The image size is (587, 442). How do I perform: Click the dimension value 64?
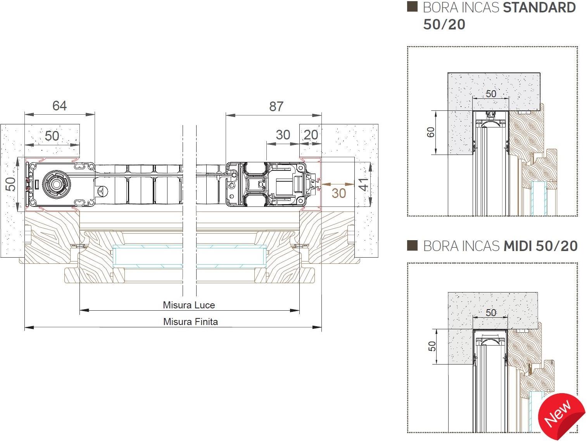[59, 106]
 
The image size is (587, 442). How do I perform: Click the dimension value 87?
[276, 107]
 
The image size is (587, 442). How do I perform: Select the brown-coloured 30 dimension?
[338, 193]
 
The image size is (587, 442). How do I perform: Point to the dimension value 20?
[311, 135]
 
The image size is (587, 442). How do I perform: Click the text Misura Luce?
[189, 305]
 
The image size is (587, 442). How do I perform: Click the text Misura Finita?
[190, 322]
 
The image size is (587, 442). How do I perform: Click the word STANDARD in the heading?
[539, 8]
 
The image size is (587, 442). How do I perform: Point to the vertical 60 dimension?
[431, 132]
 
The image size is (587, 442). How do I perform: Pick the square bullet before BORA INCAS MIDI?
[413, 246]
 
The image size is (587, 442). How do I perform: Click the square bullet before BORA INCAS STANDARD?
[413, 7]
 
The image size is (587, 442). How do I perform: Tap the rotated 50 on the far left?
[12, 184]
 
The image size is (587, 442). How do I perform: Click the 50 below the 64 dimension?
[52, 136]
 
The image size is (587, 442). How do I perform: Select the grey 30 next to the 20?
[283, 135]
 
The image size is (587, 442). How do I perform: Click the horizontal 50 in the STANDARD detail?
[491, 94]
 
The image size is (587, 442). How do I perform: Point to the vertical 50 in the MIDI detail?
[432, 346]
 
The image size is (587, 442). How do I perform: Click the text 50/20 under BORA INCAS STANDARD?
[444, 24]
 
